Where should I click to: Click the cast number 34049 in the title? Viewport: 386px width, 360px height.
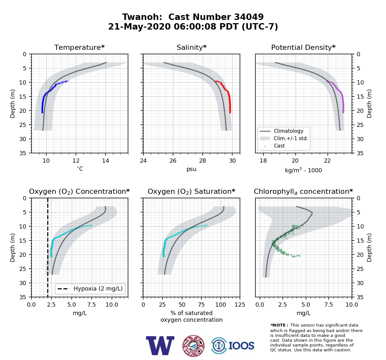tap(249, 17)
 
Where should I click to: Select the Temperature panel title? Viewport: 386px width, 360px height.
tap(79, 47)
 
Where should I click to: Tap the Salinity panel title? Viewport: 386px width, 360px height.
tap(192, 47)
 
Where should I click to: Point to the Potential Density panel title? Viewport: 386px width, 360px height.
tap(303, 47)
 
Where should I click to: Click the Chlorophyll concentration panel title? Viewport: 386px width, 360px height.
tap(303, 192)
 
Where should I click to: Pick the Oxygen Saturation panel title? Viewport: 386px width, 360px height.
tap(191, 192)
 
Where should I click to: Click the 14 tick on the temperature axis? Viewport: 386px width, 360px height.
tap(106, 161)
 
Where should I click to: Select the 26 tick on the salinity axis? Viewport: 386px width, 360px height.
tap(173, 161)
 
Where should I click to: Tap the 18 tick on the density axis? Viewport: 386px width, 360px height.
tap(263, 161)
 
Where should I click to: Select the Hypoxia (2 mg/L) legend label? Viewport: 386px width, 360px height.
tap(98, 289)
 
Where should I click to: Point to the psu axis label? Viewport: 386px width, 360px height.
tap(191, 169)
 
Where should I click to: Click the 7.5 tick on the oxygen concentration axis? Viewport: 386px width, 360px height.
tap(92, 305)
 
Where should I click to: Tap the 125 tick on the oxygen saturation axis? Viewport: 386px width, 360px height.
tap(240, 305)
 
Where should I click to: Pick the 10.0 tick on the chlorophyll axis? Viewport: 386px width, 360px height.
tap(352, 305)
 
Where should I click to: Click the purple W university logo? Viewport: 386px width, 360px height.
tap(160, 346)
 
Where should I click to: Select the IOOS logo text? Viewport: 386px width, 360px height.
tap(242, 346)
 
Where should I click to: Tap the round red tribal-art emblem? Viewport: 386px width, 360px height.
tap(193, 346)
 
